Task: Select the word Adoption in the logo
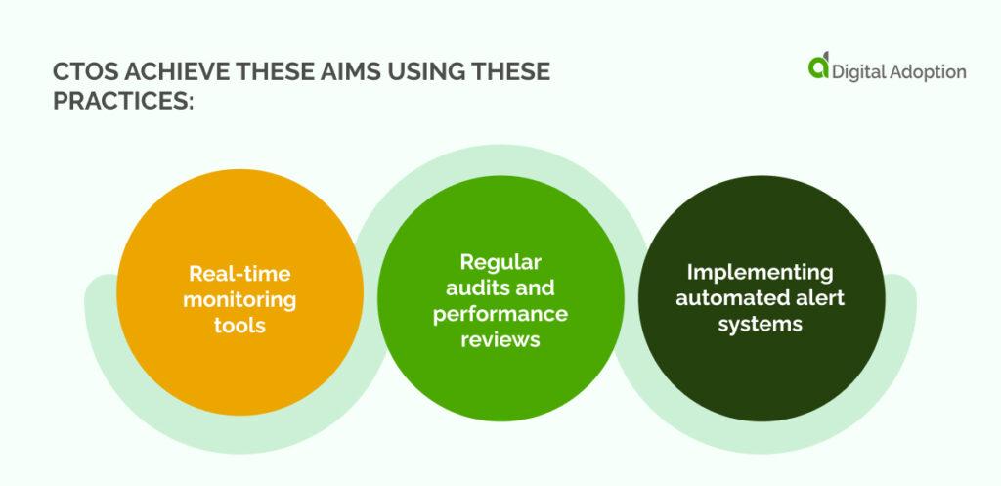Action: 929,72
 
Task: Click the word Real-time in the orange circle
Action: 239,274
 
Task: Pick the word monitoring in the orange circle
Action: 239,299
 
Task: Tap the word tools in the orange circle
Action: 239,325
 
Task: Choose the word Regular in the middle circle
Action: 500,262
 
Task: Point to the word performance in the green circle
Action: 500,313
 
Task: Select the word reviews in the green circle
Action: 500,339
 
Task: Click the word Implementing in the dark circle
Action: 760,272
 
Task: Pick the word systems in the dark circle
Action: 760,324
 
